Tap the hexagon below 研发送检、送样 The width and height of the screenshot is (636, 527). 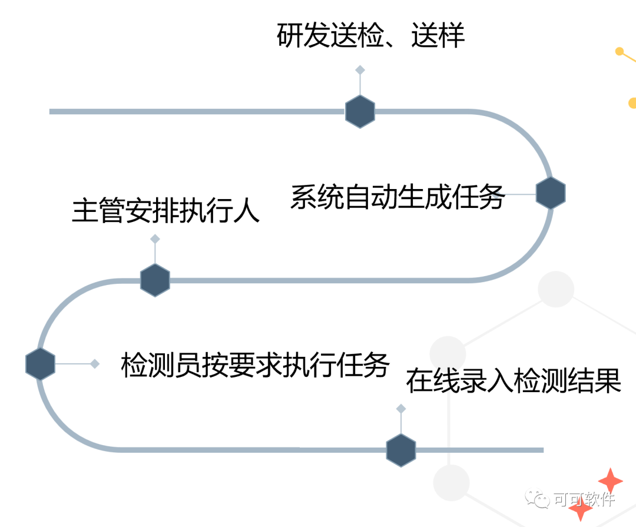pos(360,111)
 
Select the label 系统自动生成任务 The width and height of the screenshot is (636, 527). pos(397,197)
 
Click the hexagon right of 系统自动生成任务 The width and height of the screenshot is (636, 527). pos(551,193)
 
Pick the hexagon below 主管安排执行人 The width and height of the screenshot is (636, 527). pos(155,280)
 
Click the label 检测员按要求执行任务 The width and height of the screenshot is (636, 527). pos(254,365)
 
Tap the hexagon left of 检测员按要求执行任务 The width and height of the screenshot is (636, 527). pos(40,364)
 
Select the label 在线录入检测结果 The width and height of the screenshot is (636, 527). pos(514,381)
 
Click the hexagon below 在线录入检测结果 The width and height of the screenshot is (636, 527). pos(401,450)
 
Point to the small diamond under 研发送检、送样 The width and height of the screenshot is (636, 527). pos(360,70)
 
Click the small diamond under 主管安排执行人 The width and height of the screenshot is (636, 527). pos(155,239)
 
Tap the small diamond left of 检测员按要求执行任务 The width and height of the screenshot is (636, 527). pos(94,364)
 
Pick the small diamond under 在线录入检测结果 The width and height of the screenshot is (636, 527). pos(401,409)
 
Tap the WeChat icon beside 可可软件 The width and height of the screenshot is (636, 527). pos(538,500)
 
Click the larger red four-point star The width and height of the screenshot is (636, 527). pos(610,481)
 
